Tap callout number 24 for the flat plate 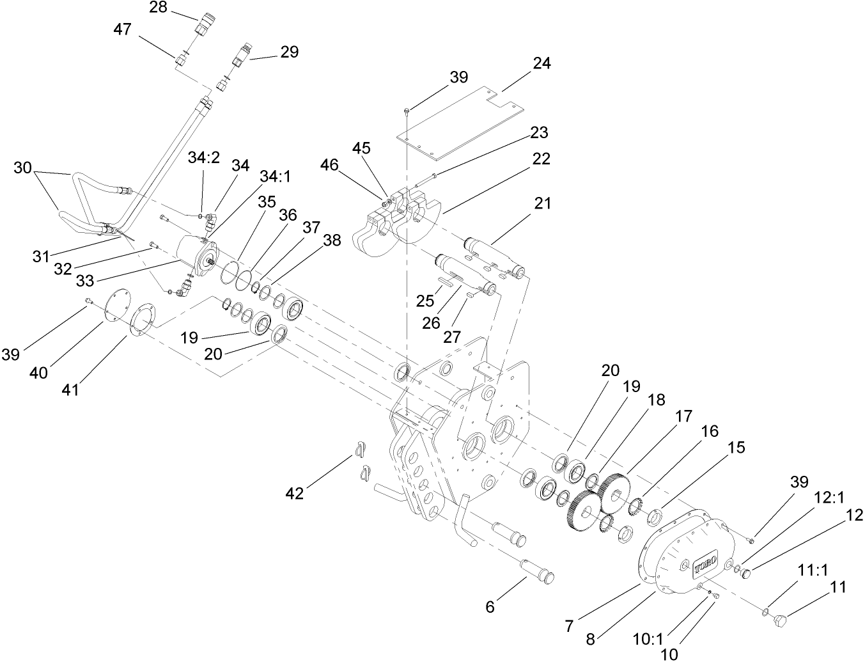tap(541, 64)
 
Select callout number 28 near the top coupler tap(157, 8)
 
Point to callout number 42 tap(295, 493)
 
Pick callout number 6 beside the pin tap(490, 607)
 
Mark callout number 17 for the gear tap(683, 416)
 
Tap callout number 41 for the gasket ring tap(70, 388)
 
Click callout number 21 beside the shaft tap(542, 203)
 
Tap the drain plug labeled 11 tap(781, 621)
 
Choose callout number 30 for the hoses tap(22, 168)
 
